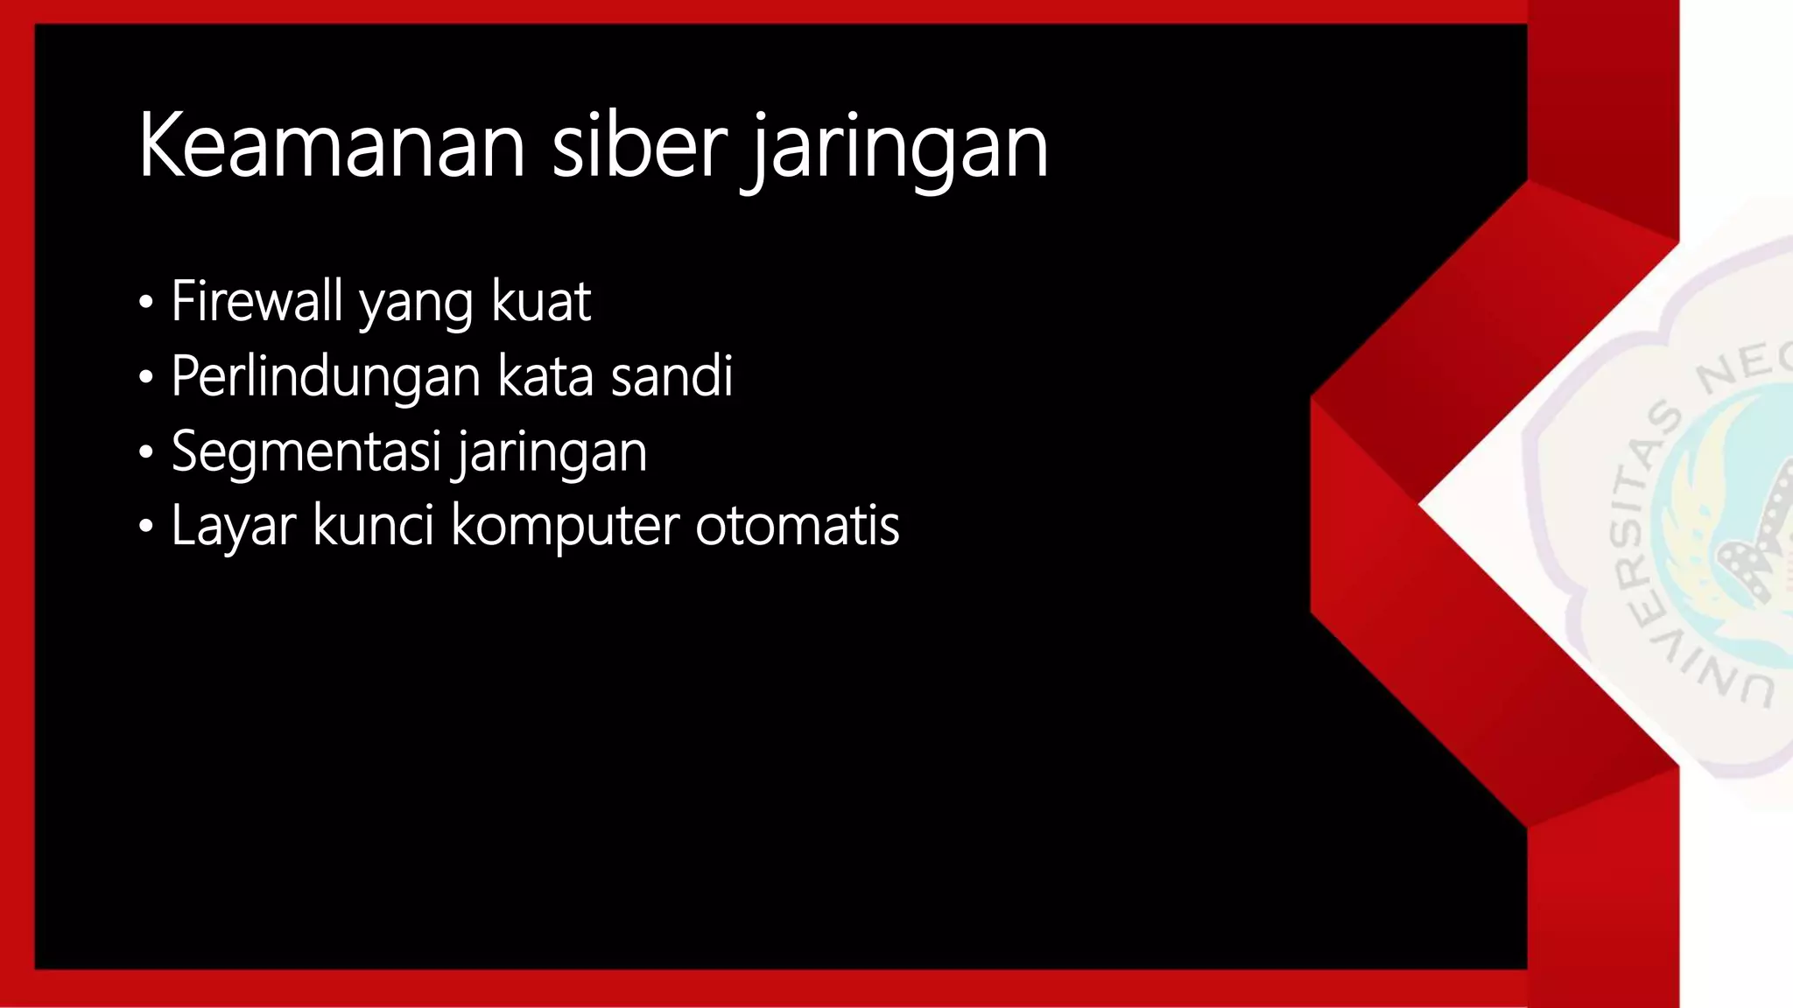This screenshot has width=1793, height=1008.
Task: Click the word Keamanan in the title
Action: click(x=331, y=146)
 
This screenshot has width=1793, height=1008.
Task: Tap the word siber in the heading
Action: click(x=639, y=146)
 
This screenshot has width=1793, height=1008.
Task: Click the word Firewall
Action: click(x=257, y=301)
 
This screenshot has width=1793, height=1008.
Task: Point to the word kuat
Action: click(x=541, y=301)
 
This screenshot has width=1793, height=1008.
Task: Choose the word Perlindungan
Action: click(x=327, y=377)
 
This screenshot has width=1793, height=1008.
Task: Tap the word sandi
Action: click(x=671, y=376)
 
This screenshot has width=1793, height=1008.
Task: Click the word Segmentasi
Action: click(x=306, y=452)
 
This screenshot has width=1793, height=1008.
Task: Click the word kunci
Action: click(x=373, y=526)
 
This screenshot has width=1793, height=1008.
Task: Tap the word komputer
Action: click(x=566, y=528)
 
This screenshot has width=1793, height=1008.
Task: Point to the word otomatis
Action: click(x=798, y=526)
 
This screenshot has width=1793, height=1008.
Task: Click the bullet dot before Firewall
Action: click(x=146, y=304)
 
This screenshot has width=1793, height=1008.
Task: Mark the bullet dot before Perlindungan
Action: click(x=146, y=379)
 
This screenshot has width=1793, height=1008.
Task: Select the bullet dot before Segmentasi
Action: click(x=146, y=453)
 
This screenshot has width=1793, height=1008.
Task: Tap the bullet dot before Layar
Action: click(x=146, y=528)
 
